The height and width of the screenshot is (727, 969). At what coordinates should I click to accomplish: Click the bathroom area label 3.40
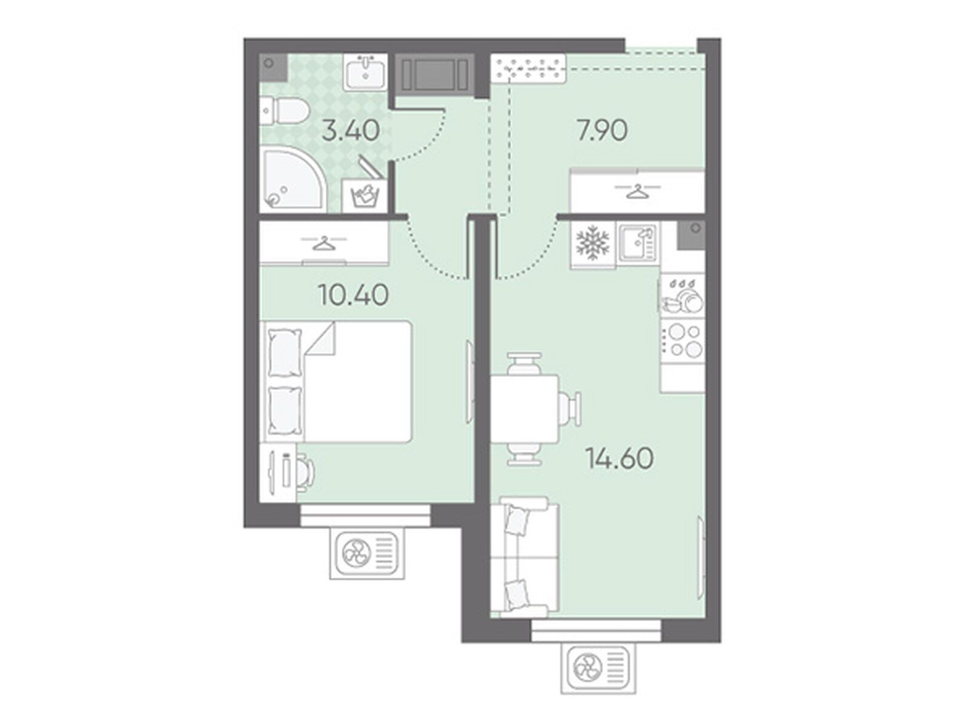[x=350, y=131]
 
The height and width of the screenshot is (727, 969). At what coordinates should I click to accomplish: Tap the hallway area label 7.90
[x=602, y=131]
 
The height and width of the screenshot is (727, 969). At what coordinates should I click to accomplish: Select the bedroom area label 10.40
[x=353, y=295]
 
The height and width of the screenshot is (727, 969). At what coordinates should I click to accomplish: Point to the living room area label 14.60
[x=620, y=458]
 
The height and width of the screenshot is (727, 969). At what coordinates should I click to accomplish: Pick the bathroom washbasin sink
[x=366, y=71]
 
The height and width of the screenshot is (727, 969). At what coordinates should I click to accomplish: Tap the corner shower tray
[x=292, y=180]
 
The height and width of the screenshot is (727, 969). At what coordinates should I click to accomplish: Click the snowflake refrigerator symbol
[x=592, y=245]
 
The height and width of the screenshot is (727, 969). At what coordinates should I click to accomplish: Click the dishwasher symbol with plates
[x=683, y=294]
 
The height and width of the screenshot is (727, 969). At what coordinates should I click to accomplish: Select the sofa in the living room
[x=525, y=557]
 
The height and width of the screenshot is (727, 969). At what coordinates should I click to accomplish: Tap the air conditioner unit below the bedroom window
[x=367, y=554]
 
